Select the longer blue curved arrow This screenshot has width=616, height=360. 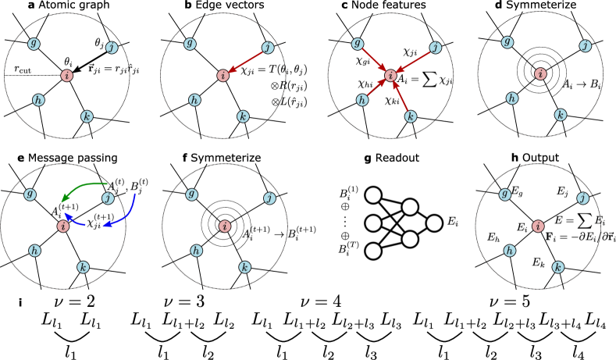click(128, 214)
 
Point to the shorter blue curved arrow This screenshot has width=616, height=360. click(73, 221)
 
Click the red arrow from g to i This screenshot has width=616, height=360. click(373, 59)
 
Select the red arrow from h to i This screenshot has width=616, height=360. click(376, 87)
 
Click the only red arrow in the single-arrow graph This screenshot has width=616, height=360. click(246, 61)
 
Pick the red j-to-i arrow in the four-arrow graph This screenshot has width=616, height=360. click(414, 61)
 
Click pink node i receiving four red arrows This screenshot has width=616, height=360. click(390, 76)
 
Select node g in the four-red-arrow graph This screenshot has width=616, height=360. click(358, 44)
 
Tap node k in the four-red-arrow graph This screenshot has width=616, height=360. click(411, 116)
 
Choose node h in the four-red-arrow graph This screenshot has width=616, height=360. click(362, 100)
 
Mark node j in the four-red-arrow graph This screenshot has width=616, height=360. click(436, 48)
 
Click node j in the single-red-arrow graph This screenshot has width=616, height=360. click(268, 48)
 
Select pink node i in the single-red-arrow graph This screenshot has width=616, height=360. click(223, 76)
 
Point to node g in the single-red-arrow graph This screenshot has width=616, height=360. click(190, 44)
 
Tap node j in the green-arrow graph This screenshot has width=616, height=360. click(108, 198)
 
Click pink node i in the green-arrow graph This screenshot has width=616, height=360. click(63, 226)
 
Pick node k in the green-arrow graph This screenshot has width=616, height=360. click(83, 267)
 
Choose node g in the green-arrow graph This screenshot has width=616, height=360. click(30, 194)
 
